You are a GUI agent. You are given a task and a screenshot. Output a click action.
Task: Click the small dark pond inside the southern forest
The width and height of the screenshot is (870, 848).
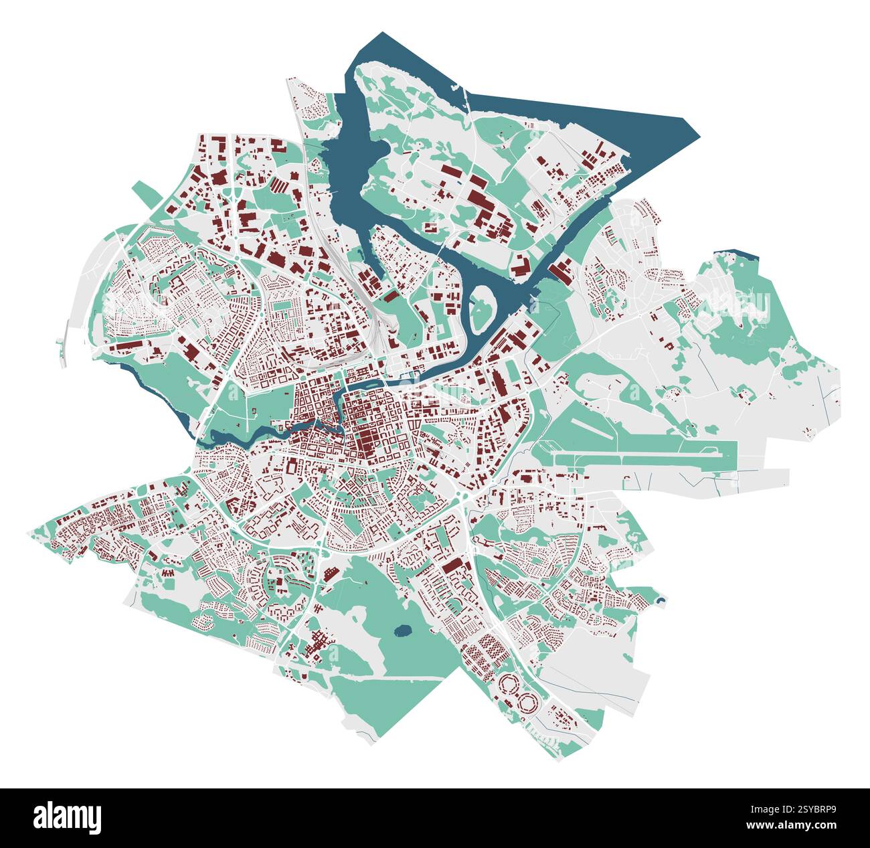tap(403, 630)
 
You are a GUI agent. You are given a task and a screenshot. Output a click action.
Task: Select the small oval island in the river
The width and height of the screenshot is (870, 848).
tap(481, 311)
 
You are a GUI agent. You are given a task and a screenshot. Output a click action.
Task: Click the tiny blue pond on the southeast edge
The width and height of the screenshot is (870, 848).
tap(661, 600)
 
